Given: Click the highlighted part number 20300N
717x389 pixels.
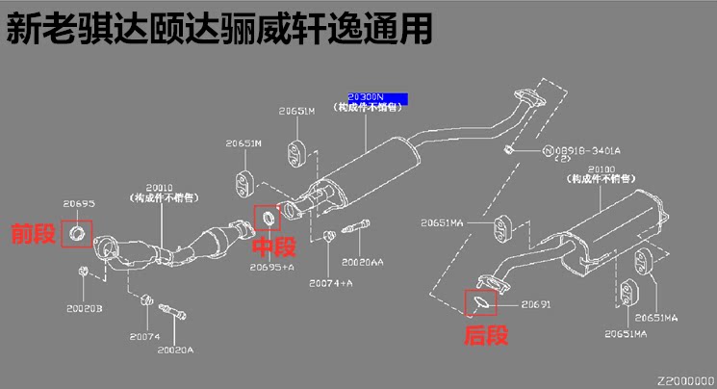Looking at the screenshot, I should (x=366, y=97).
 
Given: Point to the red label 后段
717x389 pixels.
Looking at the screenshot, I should (x=485, y=335).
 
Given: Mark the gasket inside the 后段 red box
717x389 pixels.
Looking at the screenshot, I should (x=481, y=303).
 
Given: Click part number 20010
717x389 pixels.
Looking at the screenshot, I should (x=160, y=188).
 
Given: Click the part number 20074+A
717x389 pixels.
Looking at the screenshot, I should (x=331, y=283).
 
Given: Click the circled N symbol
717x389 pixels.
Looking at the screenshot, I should (x=546, y=150).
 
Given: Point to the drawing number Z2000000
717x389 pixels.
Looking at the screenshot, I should (x=686, y=380).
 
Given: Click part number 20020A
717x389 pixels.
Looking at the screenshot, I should (x=176, y=349).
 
